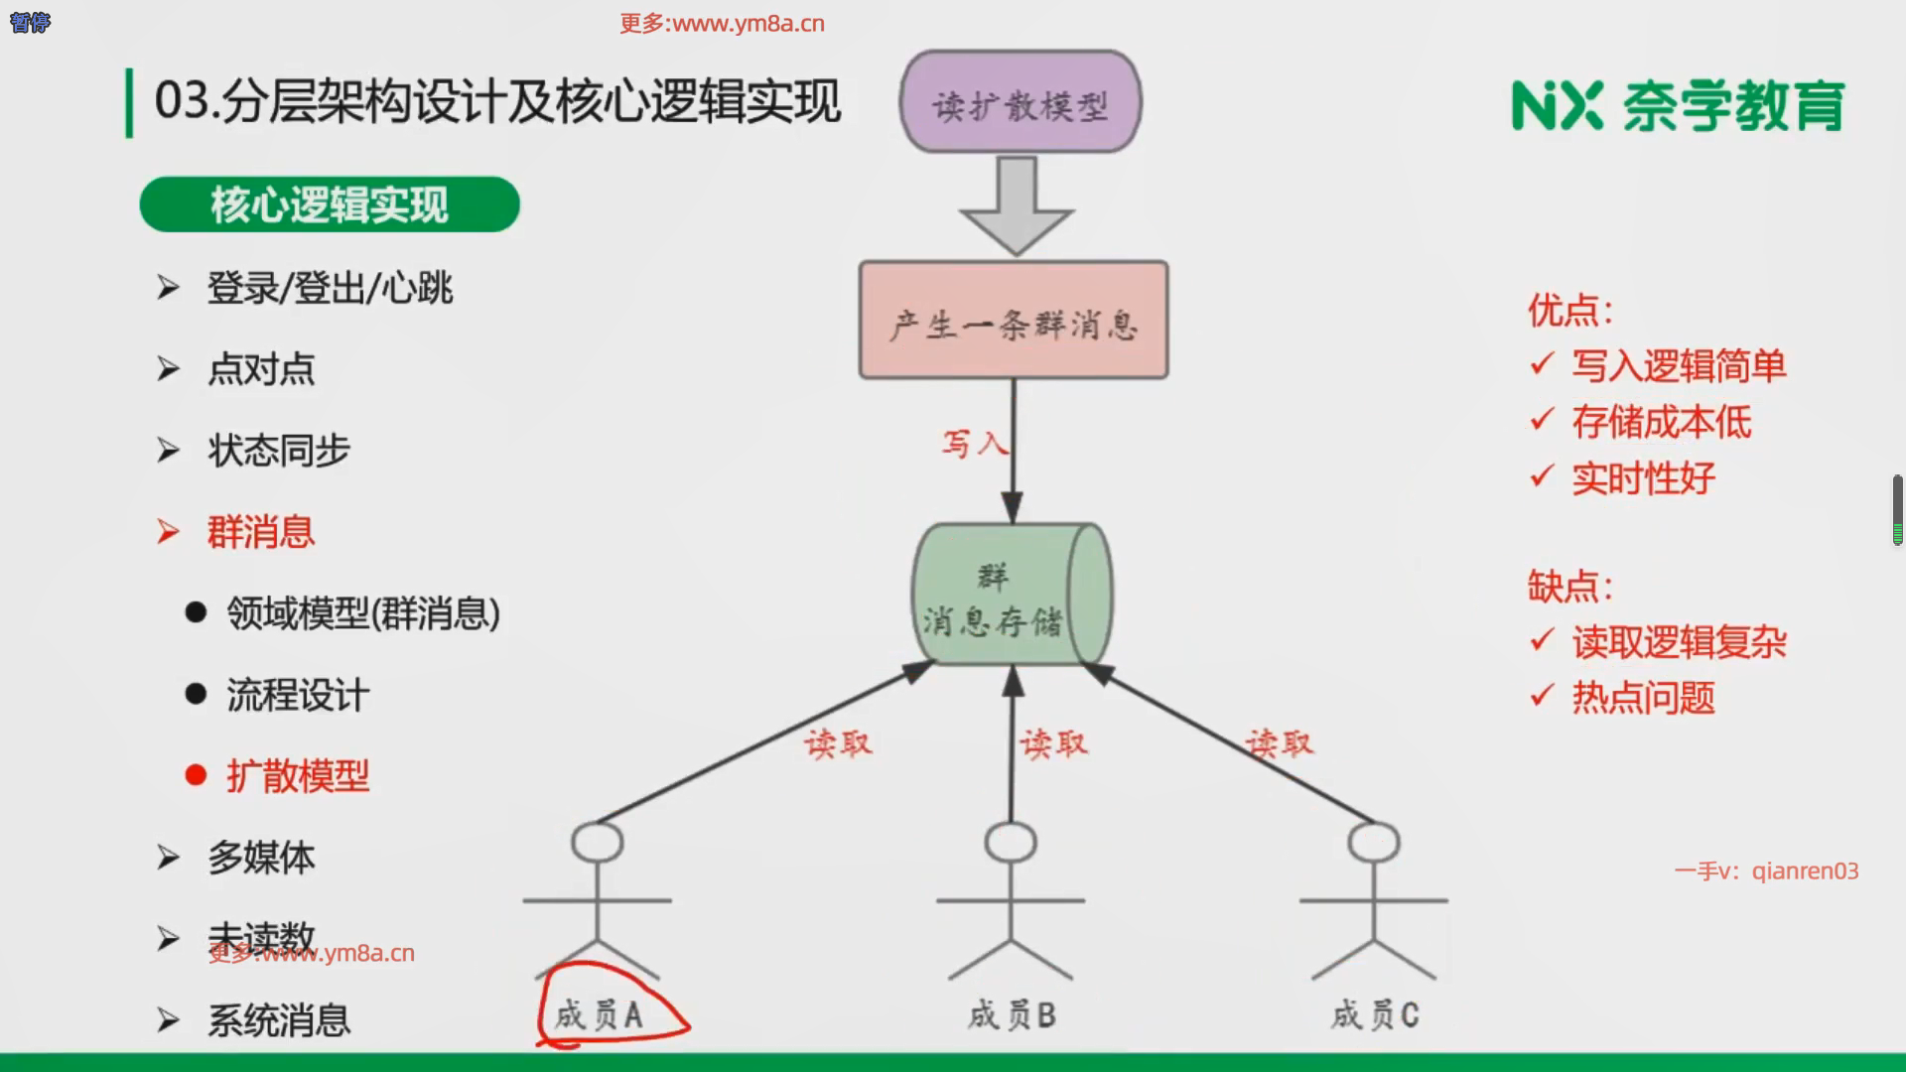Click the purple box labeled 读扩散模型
tap(1021, 102)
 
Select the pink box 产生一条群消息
tap(1014, 321)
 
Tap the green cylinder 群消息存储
tap(1011, 595)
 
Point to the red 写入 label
tap(973, 443)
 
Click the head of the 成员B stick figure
tap(1011, 843)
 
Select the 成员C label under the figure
tap(1375, 1014)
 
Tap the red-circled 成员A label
tap(600, 1014)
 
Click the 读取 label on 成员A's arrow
tap(838, 743)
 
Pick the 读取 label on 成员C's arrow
tap(1280, 742)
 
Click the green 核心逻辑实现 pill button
tap(330, 204)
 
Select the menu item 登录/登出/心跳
tap(330, 289)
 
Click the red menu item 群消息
tap(260, 532)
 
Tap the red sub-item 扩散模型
tap(298, 776)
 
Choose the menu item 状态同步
tap(279, 451)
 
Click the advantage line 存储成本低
tap(1661, 423)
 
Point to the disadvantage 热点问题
tap(1643, 698)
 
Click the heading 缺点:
tap(1569, 587)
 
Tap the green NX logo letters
tap(1557, 105)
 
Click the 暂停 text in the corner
tap(30, 22)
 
